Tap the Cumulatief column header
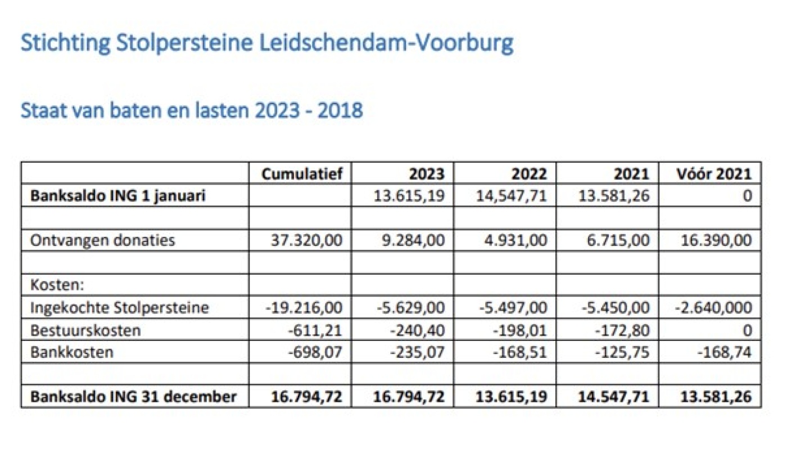pyautogui.click(x=302, y=173)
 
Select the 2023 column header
pyautogui.click(x=427, y=173)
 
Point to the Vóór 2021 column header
pyautogui.click(x=714, y=173)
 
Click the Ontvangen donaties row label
pyautogui.click(x=103, y=241)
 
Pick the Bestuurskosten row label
pyautogui.click(x=85, y=330)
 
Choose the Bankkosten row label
pyautogui.click(x=72, y=353)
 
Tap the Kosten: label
pyautogui.click(x=57, y=285)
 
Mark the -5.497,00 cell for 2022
pyautogui.click(x=513, y=308)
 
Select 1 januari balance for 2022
pyautogui.click(x=513, y=196)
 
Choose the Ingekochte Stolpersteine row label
pyautogui.click(x=120, y=308)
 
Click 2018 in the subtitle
pyautogui.click(x=340, y=111)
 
